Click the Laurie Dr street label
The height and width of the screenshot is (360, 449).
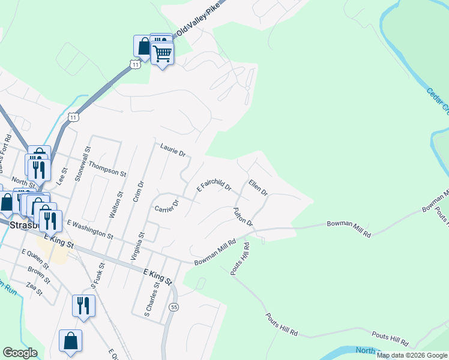[x=173, y=150]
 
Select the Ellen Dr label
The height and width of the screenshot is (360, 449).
[x=258, y=187]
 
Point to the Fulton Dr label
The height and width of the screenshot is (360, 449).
[x=243, y=217]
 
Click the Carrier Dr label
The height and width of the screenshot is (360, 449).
[x=167, y=206]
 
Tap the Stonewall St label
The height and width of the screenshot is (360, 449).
[x=88, y=164]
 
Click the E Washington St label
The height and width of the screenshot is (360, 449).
[x=90, y=229]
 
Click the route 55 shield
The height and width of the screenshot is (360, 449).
[x=174, y=307]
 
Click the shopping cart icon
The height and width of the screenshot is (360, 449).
[x=162, y=54]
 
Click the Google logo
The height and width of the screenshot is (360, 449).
[x=20, y=353]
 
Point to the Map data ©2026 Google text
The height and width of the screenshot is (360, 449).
[x=412, y=355]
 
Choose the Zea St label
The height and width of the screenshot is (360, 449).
[x=35, y=290]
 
